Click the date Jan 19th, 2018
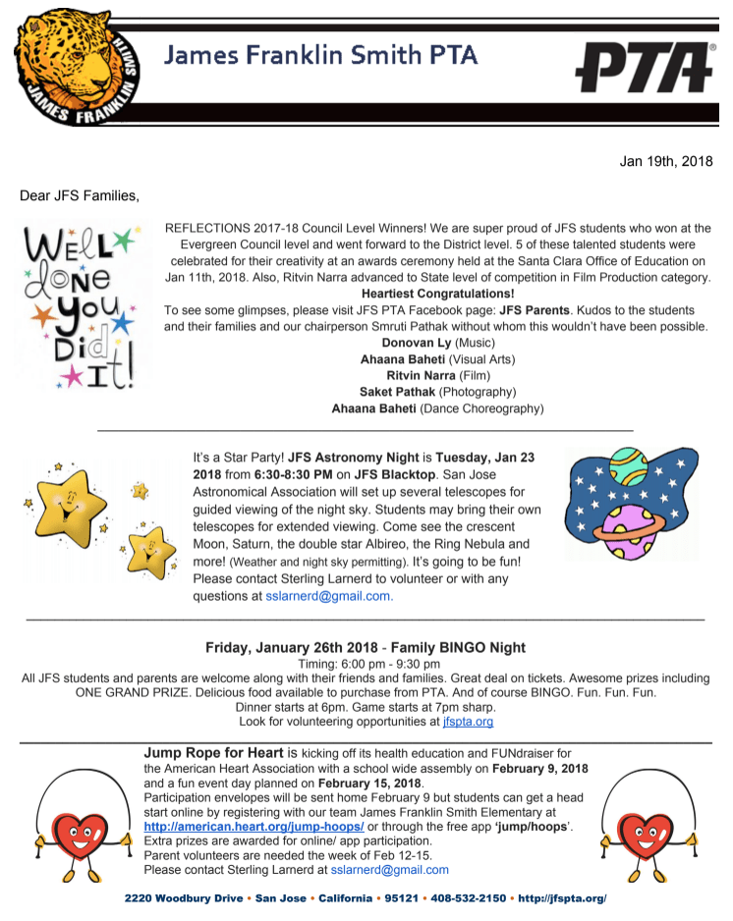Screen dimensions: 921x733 tap(666, 161)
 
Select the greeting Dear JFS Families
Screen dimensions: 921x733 tap(80, 195)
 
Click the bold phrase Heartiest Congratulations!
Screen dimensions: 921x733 tap(437, 294)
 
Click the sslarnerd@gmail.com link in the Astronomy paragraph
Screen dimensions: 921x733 tap(329, 595)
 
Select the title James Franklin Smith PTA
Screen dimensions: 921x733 tap(320, 56)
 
